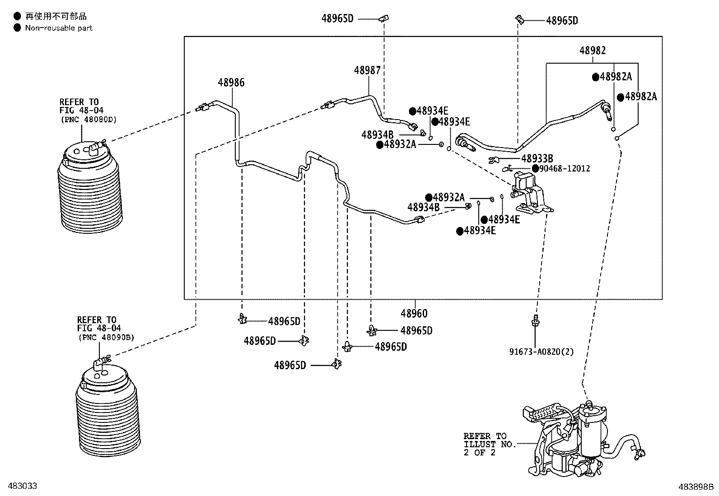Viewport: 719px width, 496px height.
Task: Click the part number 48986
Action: click(x=231, y=83)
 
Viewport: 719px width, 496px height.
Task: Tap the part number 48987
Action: click(x=367, y=70)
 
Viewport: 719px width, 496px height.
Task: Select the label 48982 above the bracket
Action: click(x=593, y=51)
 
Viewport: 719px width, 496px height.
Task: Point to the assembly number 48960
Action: click(x=414, y=313)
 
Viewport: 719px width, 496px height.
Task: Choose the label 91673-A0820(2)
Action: click(x=542, y=352)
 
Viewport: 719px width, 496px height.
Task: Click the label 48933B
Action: click(x=537, y=158)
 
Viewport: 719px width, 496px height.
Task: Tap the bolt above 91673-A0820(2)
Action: click(x=535, y=321)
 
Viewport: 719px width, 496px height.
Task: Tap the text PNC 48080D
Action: click(x=89, y=120)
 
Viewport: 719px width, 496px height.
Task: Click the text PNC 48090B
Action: click(x=107, y=338)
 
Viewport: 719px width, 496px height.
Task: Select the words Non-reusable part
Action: click(x=59, y=28)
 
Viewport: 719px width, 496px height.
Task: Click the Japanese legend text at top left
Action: click(x=56, y=16)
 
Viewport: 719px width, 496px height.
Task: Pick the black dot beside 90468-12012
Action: click(x=535, y=168)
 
